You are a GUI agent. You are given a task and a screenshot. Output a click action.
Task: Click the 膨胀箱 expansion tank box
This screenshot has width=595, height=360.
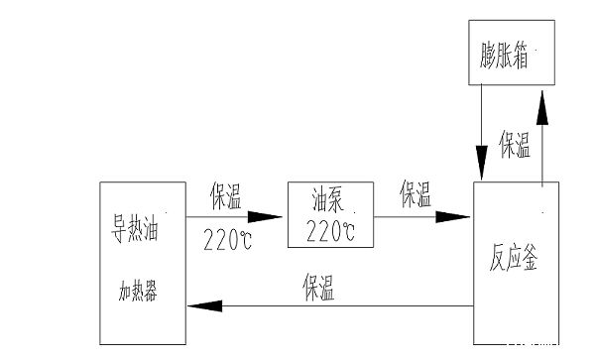point(511,56)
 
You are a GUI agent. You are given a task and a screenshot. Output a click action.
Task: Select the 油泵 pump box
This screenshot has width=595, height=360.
point(328,214)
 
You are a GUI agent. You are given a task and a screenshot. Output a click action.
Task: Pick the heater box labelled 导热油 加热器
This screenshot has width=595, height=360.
point(142,263)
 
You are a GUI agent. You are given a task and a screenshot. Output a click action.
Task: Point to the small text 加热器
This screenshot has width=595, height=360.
point(138,293)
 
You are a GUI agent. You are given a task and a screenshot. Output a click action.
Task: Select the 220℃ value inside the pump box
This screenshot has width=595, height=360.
point(328,233)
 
